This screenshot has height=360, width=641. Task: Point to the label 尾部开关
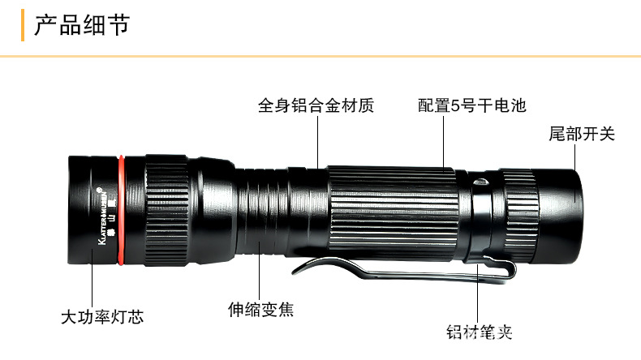[582, 134]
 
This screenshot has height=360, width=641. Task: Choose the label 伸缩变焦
[260, 309]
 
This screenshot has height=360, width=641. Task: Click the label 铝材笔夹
[480, 331]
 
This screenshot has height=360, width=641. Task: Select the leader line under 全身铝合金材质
[317, 142]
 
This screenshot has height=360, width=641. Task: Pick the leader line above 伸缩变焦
[260, 272]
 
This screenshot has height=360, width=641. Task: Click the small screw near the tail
[480, 182]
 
